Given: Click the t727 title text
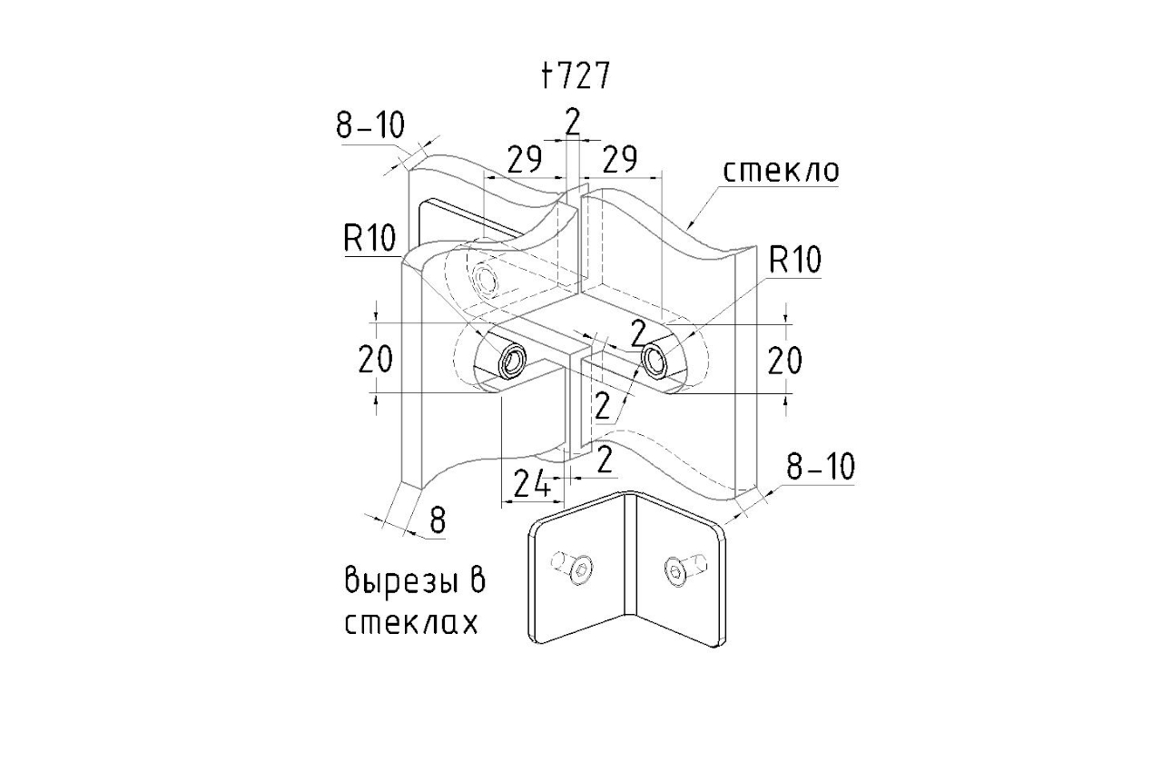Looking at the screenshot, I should click(x=574, y=77).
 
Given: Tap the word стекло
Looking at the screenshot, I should click(x=781, y=171).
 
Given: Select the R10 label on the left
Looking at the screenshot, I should click(x=370, y=239).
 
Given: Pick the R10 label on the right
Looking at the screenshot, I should click(x=794, y=261).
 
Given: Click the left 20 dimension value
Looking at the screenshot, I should click(x=375, y=361).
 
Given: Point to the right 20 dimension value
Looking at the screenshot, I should click(x=784, y=361).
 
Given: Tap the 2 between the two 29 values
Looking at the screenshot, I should click(x=572, y=121).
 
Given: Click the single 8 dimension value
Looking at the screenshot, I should click(x=438, y=520).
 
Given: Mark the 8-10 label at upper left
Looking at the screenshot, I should click(x=370, y=126).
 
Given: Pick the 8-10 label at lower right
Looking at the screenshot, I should click(x=820, y=467).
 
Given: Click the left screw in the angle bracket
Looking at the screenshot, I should click(x=574, y=568).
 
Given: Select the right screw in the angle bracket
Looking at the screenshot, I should click(x=681, y=569).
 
